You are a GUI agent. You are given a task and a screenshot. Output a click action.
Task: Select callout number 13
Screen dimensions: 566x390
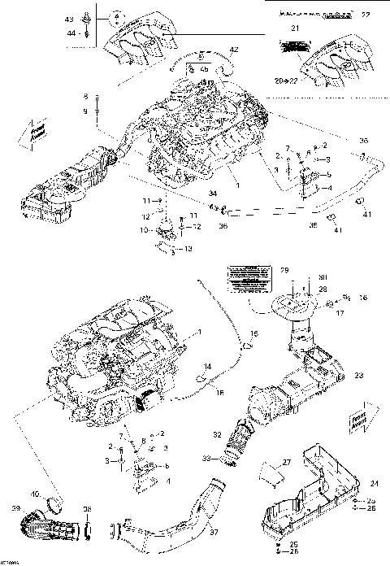(189, 248)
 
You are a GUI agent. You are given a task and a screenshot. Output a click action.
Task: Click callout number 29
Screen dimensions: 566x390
(284, 269)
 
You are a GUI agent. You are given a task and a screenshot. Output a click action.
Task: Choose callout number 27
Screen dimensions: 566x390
(286, 462)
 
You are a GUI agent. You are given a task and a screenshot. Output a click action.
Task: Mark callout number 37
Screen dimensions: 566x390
(214, 533)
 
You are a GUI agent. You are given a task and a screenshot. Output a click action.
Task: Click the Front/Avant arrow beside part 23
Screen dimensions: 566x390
(361, 418)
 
